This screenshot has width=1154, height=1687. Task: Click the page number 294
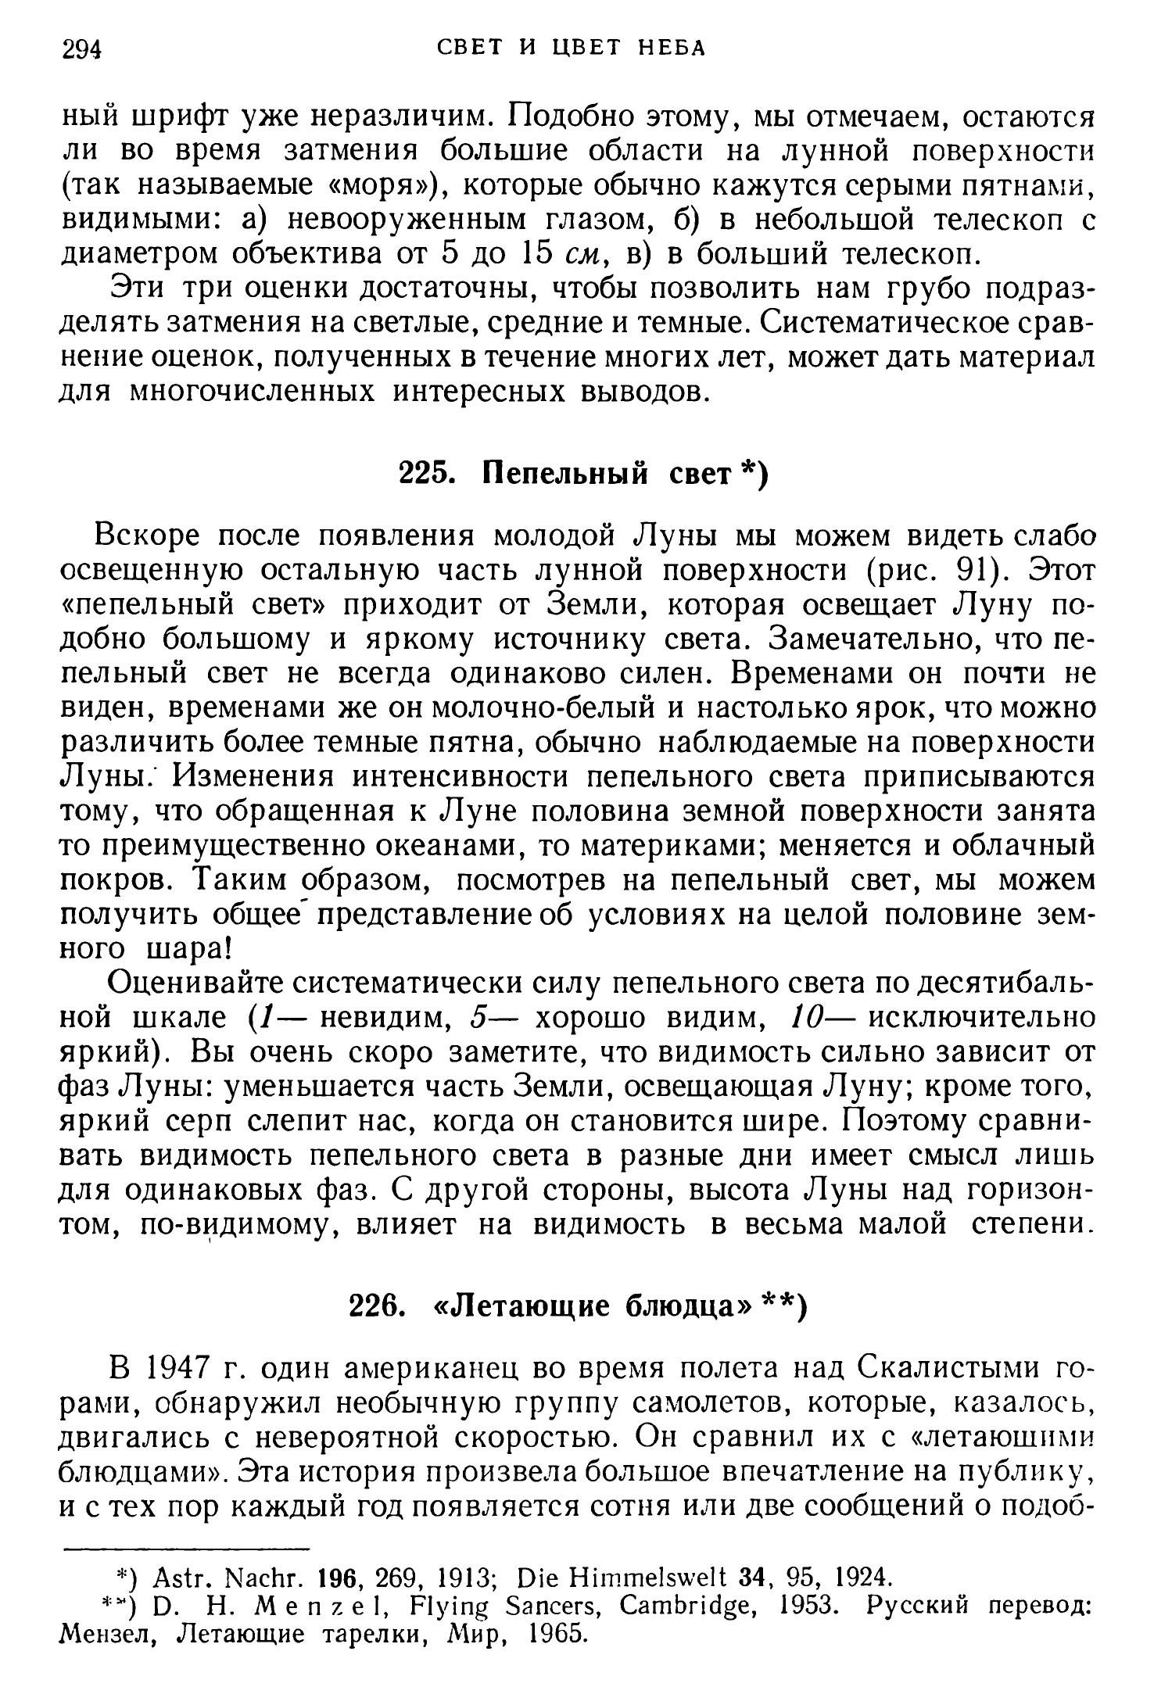pyautogui.click(x=82, y=49)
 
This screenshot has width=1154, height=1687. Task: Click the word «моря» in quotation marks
pyautogui.click(x=376, y=185)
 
